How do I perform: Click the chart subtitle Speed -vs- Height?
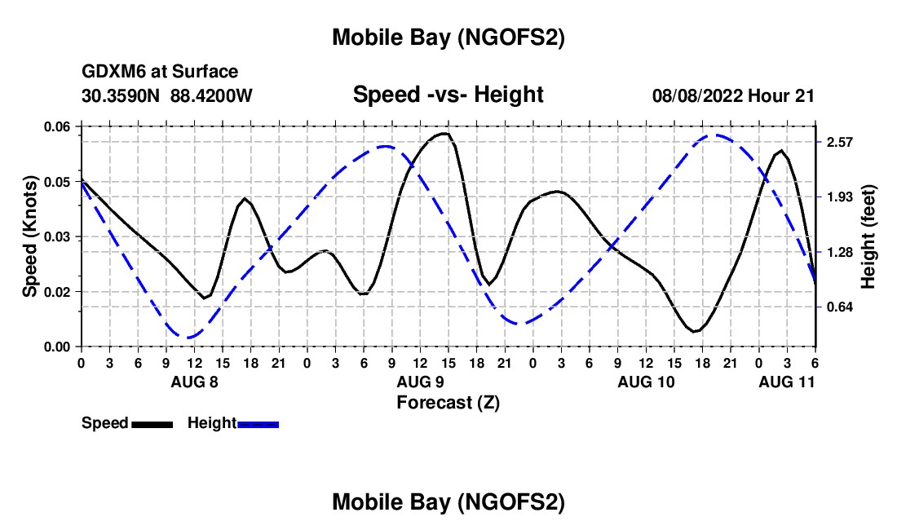pyautogui.click(x=448, y=95)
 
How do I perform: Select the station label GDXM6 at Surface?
pyautogui.click(x=160, y=72)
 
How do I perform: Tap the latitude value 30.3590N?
pyautogui.click(x=122, y=95)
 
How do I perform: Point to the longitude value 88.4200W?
pyautogui.click(x=212, y=95)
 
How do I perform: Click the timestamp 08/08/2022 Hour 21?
pyautogui.click(x=733, y=95)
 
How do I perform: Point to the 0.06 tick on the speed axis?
pyautogui.click(x=57, y=126)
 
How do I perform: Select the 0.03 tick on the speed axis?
pyautogui.click(x=57, y=236)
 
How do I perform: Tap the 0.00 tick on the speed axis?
pyautogui.click(x=57, y=347)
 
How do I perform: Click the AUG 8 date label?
pyautogui.click(x=193, y=382)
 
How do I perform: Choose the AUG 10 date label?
pyautogui.click(x=645, y=382)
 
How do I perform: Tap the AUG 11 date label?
pyautogui.click(x=786, y=382)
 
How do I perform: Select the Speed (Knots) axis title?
pyautogui.click(x=30, y=236)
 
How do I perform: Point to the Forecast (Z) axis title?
pyautogui.click(x=448, y=402)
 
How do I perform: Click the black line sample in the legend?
pyautogui.click(x=152, y=423)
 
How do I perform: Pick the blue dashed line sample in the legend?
pyautogui.click(x=258, y=423)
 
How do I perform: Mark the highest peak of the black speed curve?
pyautogui.click(x=444, y=133)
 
